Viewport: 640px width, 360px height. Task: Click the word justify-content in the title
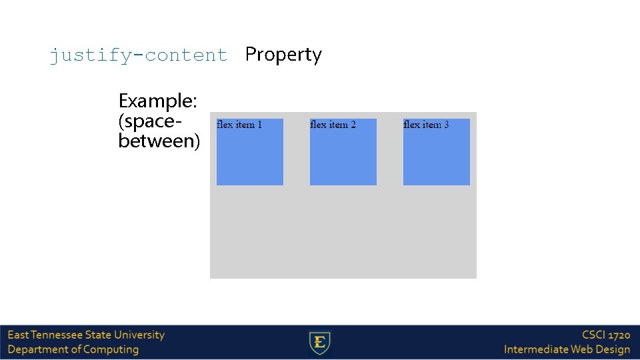(x=138, y=55)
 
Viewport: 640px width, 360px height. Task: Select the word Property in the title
(x=283, y=55)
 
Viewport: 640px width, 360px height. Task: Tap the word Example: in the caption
(x=157, y=101)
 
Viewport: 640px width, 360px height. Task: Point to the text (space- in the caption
(x=150, y=121)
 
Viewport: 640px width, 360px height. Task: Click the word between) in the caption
(x=159, y=141)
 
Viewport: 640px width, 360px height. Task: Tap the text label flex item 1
(x=239, y=125)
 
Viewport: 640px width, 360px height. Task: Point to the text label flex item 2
(x=333, y=125)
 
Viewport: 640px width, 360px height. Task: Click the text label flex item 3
(x=426, y=125)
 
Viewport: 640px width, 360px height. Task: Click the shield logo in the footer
(x=320, y=343)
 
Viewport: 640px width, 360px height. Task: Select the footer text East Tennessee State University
(x=86, y=335)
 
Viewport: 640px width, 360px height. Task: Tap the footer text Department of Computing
(x=73, y=349)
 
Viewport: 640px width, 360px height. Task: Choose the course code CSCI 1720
(x=605, y=335)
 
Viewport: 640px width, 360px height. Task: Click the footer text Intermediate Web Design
(x=567, y=349)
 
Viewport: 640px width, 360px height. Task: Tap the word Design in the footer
(x=613, y=349)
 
